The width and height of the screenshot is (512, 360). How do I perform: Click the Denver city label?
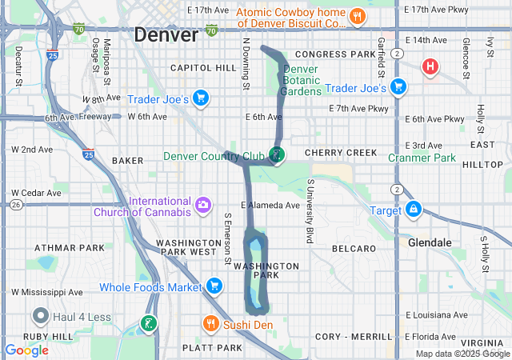point(166,35)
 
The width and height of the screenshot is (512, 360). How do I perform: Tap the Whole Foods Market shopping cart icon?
point(214,286)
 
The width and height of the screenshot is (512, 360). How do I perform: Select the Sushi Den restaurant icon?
point(210,323)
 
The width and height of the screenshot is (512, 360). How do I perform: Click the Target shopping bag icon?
point(414,210)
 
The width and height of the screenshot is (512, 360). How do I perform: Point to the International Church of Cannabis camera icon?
point(204,206)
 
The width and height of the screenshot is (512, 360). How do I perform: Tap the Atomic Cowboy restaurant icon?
point(358,15)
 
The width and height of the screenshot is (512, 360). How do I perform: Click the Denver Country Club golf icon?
point(277,155)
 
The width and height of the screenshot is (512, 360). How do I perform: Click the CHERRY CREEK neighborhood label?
point(341,153)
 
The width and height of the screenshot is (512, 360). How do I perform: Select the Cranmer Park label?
point(422,158)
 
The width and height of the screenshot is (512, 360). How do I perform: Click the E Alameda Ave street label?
point(270,205)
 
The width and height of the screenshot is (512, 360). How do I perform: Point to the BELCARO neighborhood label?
point(354,249)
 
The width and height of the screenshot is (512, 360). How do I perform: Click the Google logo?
point(26,350)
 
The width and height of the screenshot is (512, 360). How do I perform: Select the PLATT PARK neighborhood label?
point(212,348)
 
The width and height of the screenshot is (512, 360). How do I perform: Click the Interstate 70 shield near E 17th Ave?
point(211,30)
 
